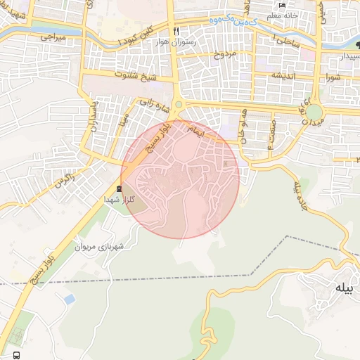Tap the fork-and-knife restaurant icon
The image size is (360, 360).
(176, 31)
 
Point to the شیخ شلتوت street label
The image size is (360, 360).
(112, 75)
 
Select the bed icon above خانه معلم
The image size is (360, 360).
(283, 5)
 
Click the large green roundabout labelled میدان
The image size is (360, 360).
(314, 112)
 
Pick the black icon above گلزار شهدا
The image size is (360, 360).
(118, 188)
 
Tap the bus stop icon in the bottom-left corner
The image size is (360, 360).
(16, 354)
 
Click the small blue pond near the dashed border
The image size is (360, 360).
(69, 300)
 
